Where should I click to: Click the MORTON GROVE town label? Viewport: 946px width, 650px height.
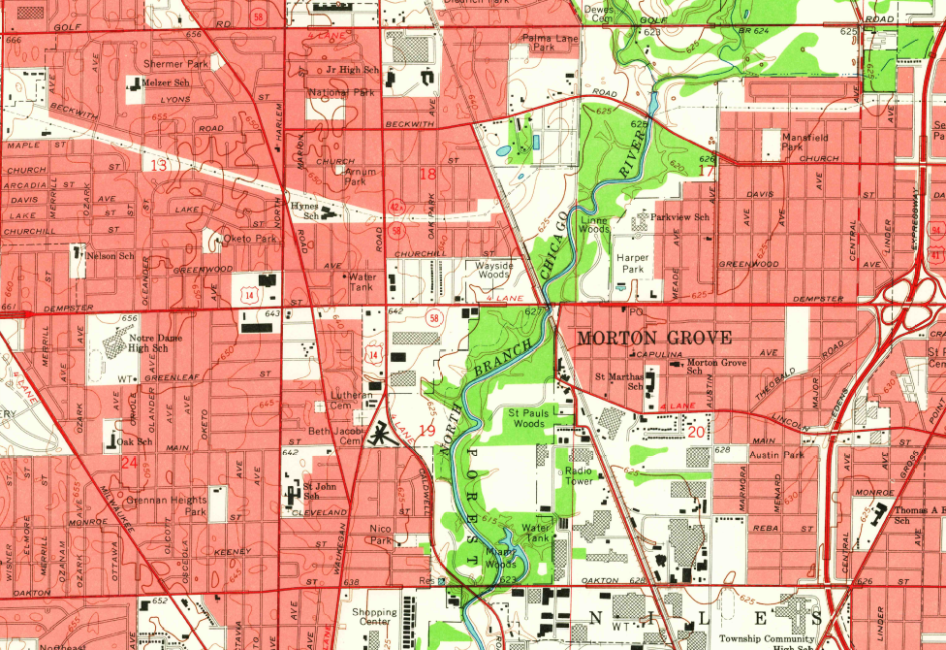click(x=648, y=338)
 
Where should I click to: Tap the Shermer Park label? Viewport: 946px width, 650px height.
click(x=176, y=64)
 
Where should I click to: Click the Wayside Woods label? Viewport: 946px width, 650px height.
click(x=492, y=269)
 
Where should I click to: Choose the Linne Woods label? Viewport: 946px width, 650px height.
click(x=595, y=225)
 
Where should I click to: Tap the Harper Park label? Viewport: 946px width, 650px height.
click(x=632, y=262)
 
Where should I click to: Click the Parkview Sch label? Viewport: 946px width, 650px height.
click(x=680, y=217)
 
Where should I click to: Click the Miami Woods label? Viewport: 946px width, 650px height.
click(x=501, y=558)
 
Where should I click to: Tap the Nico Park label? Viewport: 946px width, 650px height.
click(x=381, y=534)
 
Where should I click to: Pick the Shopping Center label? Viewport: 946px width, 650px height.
click(x=374, y=618)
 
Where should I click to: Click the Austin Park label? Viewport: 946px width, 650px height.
click(x=777, y=455)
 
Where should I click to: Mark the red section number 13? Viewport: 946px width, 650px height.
click(x=157, y=166)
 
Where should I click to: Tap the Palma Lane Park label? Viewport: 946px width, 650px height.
click(x=551, y=42)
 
